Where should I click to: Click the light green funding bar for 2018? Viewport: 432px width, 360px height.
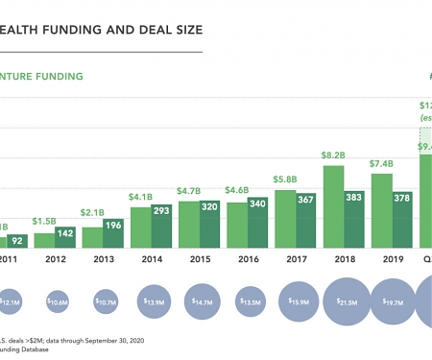(x=333, y=207)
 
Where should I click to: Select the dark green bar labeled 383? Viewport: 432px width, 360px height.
(x=354, y=220)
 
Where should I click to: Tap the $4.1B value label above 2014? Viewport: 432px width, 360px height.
(x=140, y=197)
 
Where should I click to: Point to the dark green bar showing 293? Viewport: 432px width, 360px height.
(x=161, y=230)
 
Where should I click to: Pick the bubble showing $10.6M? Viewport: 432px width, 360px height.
(x=57, y=302)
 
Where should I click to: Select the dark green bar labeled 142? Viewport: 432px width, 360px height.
(x=65, y=238)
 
